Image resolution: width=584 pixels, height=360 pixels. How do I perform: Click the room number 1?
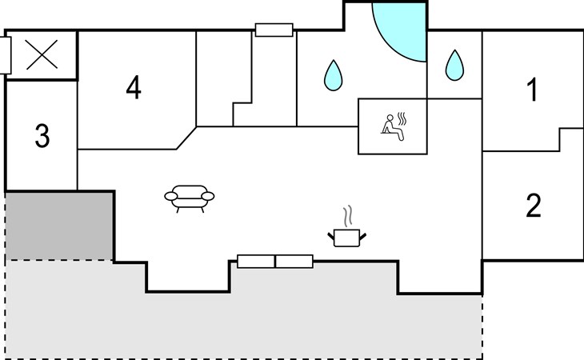point(534,90)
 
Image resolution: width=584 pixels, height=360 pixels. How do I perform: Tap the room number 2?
point(534,205)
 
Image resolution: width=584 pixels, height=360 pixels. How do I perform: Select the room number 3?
point(42,135)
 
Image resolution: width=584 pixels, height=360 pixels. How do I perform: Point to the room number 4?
point(134,87)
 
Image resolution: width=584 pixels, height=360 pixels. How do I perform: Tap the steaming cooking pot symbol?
point(346,226)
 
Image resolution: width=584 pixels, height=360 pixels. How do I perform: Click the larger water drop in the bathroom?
point(333,75)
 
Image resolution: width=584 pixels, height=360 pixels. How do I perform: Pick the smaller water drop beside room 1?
point(454,65)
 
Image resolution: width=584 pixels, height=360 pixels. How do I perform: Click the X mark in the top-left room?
point(42,54)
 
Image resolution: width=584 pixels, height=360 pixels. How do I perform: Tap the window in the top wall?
point(274,30)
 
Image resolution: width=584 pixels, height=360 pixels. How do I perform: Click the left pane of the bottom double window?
point(256,262)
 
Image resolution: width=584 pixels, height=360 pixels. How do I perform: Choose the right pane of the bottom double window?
point(294,262)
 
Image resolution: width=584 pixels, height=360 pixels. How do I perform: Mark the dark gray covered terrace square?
point(59,226)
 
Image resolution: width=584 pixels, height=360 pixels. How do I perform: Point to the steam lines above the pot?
point(348,216)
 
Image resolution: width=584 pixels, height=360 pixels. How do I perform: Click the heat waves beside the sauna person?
point(402,118)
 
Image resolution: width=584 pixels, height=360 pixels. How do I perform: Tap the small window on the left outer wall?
point(6,55)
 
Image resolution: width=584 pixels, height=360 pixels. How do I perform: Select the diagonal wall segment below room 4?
point(186,138)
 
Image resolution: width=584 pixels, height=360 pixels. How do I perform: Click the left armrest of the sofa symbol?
point(171,196)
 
